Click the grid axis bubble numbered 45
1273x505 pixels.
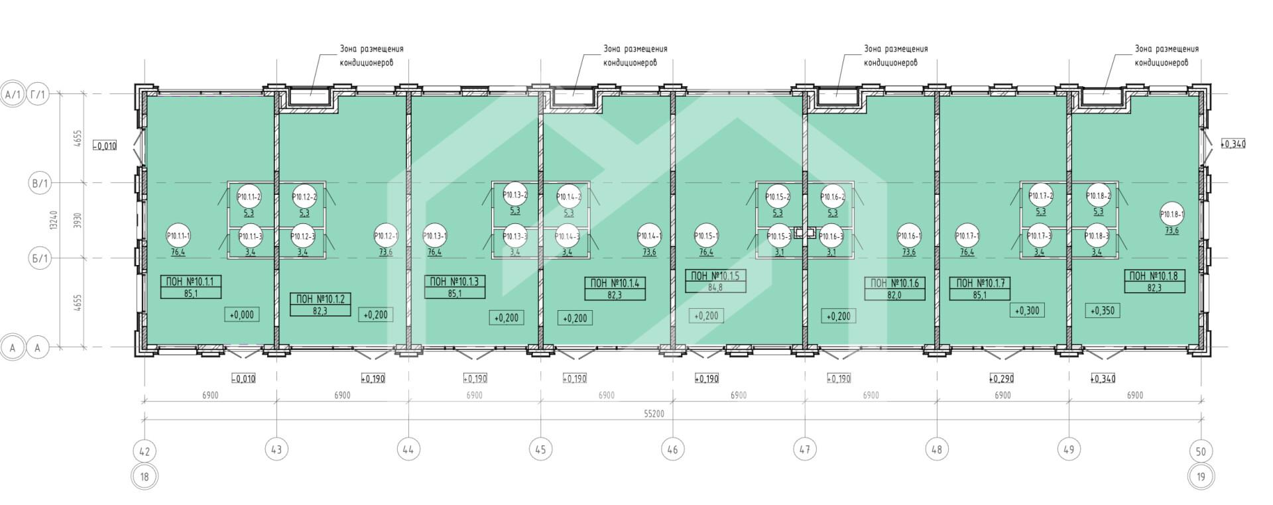pos(540,449)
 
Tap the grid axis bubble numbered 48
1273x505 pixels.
pos(936,449)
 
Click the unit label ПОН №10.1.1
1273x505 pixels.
pos(190,281)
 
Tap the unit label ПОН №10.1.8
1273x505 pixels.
pos(1153,276)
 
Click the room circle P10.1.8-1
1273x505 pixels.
pos(1172,214)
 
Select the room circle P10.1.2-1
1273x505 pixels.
pos(386,235)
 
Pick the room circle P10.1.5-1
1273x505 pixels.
pos(706,235)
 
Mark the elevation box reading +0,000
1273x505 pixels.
pos(242,315)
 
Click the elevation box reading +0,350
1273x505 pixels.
pos(1103,310)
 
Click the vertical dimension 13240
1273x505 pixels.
pos(54,220)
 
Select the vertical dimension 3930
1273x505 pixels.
pos(78,220)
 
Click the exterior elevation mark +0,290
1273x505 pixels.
pos(1002,379)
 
